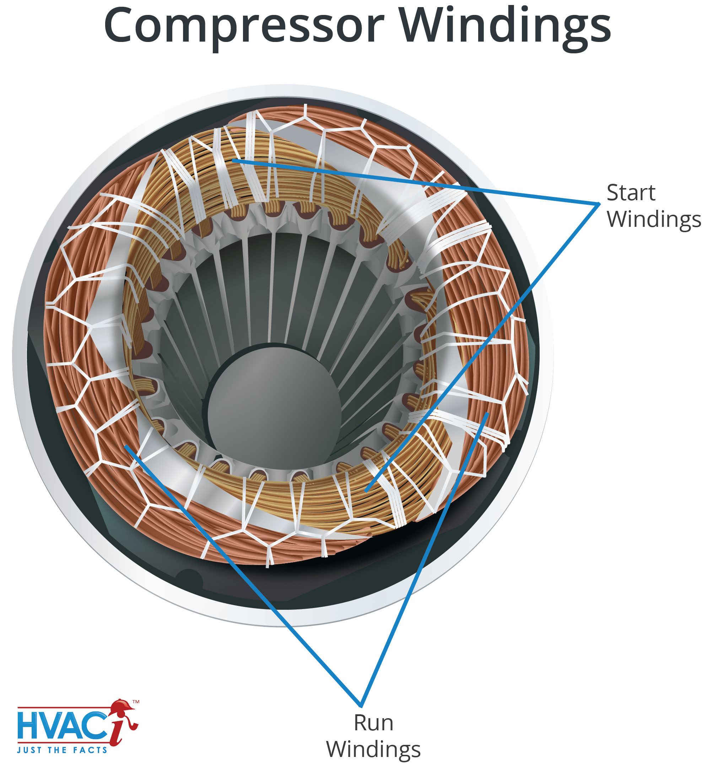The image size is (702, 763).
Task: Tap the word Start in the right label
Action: click(x=631, y=193)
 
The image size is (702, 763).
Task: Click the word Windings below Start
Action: click(x=653, y=220)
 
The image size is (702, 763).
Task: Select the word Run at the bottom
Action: click(x=373, y=723)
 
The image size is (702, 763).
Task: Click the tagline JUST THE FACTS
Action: click(x=62, y=750)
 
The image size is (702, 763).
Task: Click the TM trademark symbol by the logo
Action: click(x=136, y=702)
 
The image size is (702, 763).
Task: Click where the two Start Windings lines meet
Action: click(x=599, y=204)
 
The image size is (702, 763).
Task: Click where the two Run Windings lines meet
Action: click(x=361, y=706)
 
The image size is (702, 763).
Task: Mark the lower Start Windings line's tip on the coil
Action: click(x=366, y=491)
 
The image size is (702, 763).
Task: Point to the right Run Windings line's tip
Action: click(x=487, y=413)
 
